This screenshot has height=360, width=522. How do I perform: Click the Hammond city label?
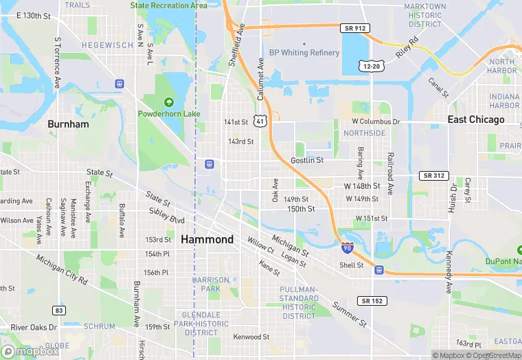click(207, 240)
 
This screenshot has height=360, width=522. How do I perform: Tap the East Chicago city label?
click(476, 120)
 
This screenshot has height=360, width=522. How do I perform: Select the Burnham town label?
click(68, 124)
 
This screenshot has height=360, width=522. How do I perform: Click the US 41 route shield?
click(260, 121)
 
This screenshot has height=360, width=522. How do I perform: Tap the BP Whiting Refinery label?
click(304, 53)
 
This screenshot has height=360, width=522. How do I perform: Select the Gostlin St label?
click(306, 160)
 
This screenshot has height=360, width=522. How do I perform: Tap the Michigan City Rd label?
click(63, 271)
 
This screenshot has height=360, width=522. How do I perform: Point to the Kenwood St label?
click(251, 337)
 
